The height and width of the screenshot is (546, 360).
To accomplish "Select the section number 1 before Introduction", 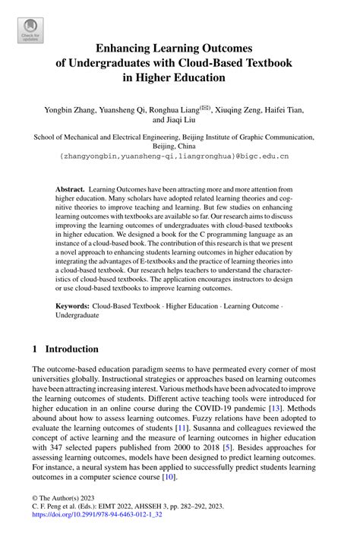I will pos(35,350).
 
